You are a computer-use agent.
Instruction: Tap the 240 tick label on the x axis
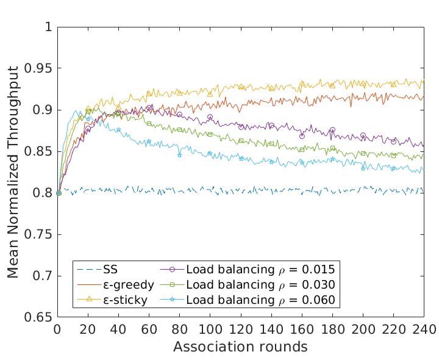(x=424, y=330)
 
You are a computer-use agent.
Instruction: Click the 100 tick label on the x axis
(x=210, y=330)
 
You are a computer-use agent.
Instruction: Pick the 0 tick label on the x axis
(x=58, y=330)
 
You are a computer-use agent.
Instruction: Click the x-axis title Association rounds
(x=240, y=347)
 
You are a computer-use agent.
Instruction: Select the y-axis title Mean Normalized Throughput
(x=13, y=172)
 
